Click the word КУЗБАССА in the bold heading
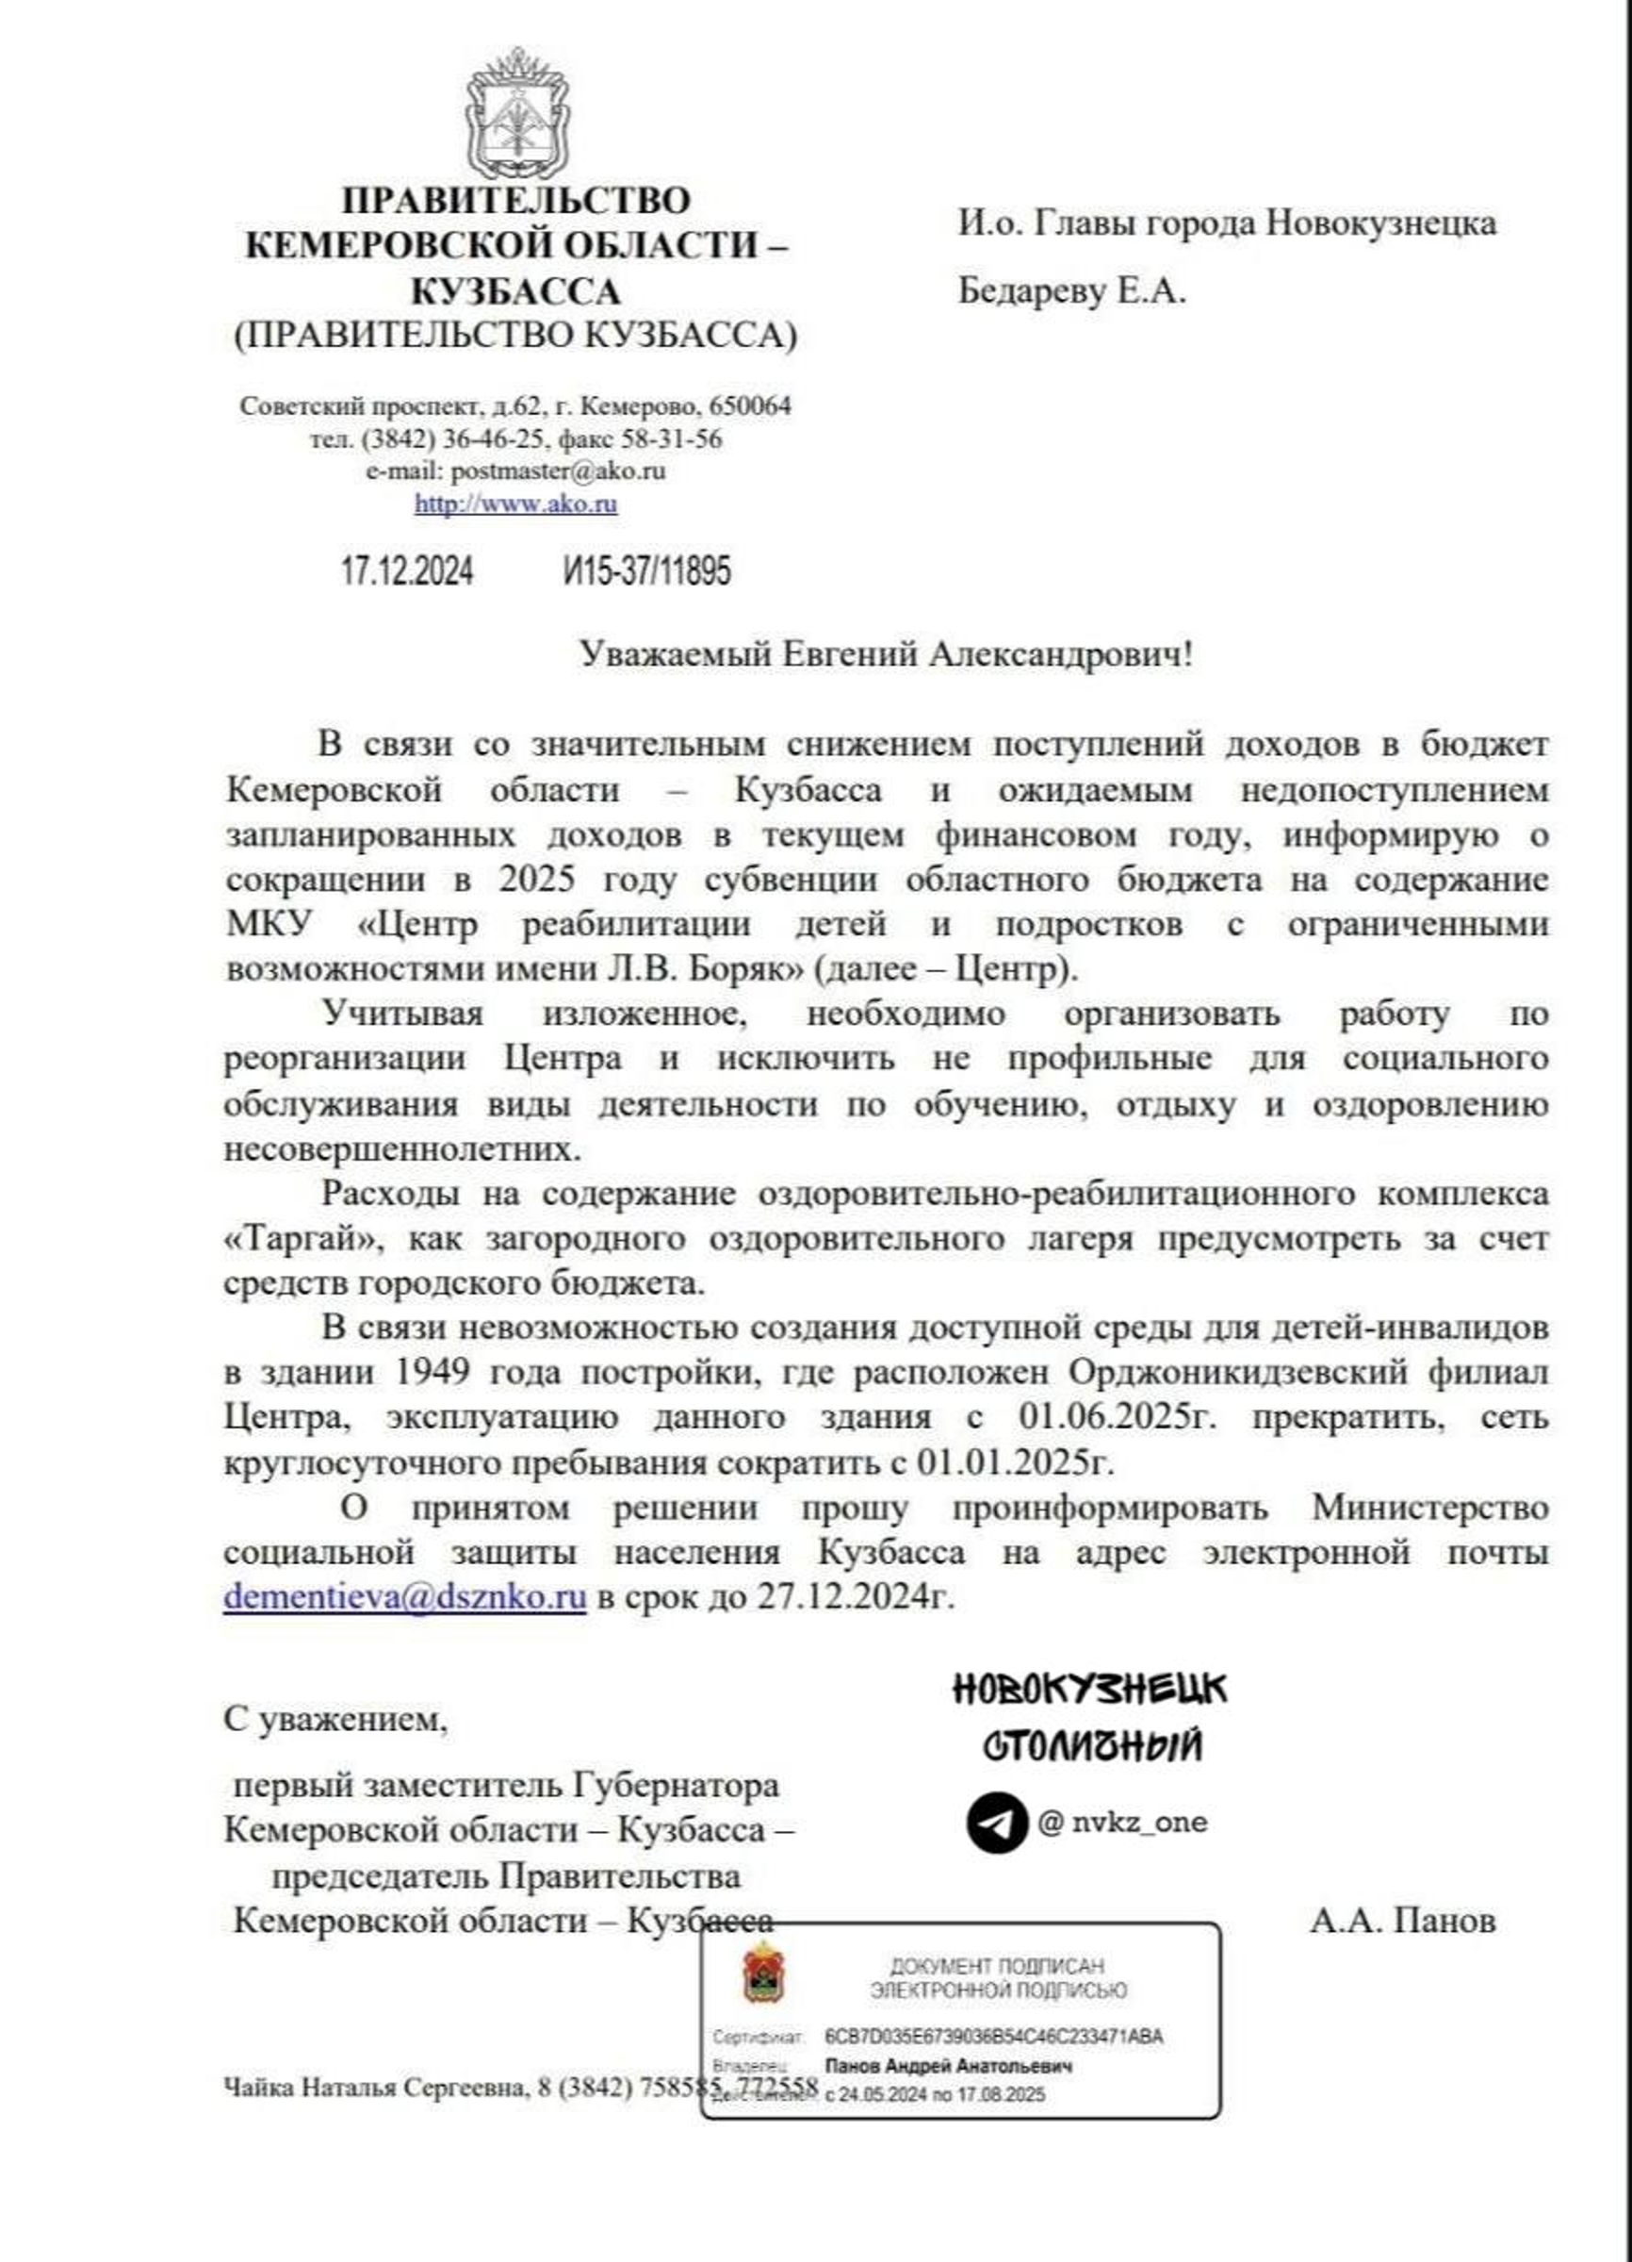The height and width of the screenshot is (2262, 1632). (x=515, y=291)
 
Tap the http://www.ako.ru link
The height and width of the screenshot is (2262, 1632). (x=515, y=504)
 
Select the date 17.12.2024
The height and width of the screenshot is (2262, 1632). (x=407, y=571)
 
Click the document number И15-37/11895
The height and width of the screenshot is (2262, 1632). (x=646, y=571)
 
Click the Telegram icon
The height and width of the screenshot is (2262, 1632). (x=996, y=1823)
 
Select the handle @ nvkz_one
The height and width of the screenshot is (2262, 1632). (x=1121, y=1823)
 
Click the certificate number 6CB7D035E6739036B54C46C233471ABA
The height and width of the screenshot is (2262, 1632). (x=994, y=2036)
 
